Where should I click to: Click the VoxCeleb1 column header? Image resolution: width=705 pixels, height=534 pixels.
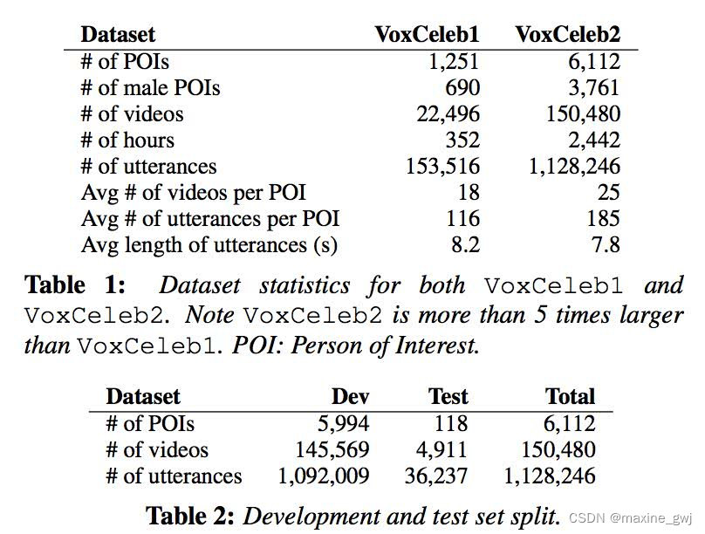[x=427, y=35]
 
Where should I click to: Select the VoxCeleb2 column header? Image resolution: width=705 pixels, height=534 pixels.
[x=567, y=35]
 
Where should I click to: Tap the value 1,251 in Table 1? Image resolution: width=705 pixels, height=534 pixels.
[x=452, y=62]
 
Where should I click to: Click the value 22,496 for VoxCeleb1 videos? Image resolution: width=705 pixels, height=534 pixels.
[x=443, y=114]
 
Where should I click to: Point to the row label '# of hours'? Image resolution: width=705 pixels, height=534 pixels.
[x=127, y=140]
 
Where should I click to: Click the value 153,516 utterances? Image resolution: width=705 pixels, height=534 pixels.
[x=442, y=167]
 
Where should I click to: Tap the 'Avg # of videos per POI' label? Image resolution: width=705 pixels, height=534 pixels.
[x=194, y=193]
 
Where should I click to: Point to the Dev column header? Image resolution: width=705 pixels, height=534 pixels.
[x=351, y=397]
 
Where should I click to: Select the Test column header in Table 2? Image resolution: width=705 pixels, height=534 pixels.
[x=448, y=397]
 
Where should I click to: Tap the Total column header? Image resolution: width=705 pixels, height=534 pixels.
[x=570, y=397]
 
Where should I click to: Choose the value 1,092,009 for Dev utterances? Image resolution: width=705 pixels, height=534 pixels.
[x=324, y=476]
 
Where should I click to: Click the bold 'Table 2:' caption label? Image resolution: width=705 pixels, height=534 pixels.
[x=190, y=516]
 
